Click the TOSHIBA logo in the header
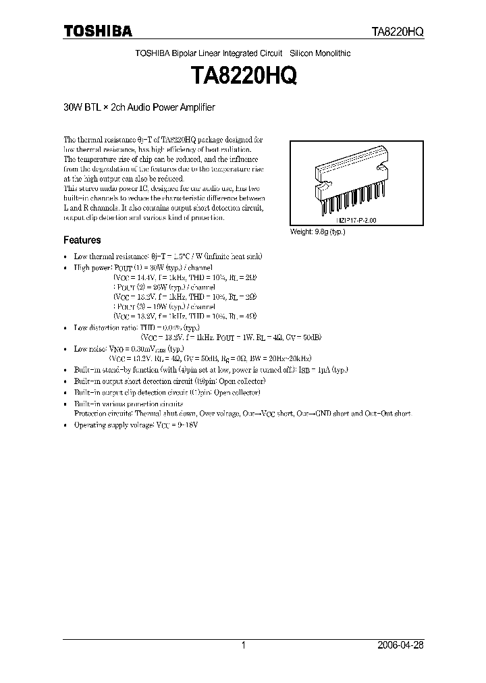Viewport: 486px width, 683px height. click(x=98, y=31)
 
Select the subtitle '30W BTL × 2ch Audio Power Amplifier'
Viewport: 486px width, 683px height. click(x=139, y=107)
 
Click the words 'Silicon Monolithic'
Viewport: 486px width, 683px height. click(x=320, y=53)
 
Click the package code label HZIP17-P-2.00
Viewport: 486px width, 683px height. click(x=356, y=220)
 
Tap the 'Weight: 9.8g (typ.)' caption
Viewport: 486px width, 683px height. click(x=322, y=231)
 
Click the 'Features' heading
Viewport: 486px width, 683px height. click(x=82, y=240)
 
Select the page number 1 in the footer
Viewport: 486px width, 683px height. click(x=243, y=645)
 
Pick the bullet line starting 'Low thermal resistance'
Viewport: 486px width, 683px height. click(x=167, y=256)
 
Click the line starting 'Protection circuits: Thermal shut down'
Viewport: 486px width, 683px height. click(x=243, y=413)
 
